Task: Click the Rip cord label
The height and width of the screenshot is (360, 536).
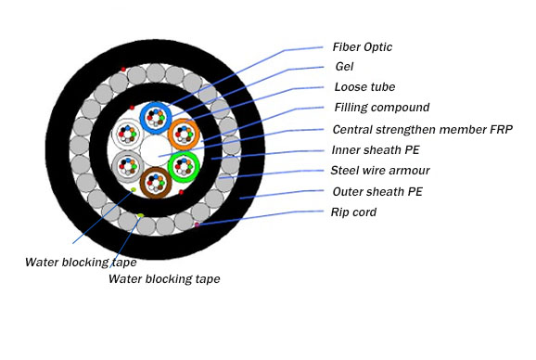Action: pyautogui.click(x=354, y=212)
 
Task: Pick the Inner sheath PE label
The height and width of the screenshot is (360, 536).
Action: pyautogui.click(x=376, y=149)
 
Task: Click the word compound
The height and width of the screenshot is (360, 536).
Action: pyautogui.click(x=400, y=108)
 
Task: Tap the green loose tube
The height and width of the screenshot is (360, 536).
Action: pyautogui.click(x=185, y=166)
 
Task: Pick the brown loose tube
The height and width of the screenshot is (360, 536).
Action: pyautogui.click(x=156, y=182)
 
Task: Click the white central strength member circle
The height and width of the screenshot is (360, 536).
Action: pyautogui.click(x=155, y=149)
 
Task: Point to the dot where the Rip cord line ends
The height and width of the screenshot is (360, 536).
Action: pyautogui.click(x=198, y=225)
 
